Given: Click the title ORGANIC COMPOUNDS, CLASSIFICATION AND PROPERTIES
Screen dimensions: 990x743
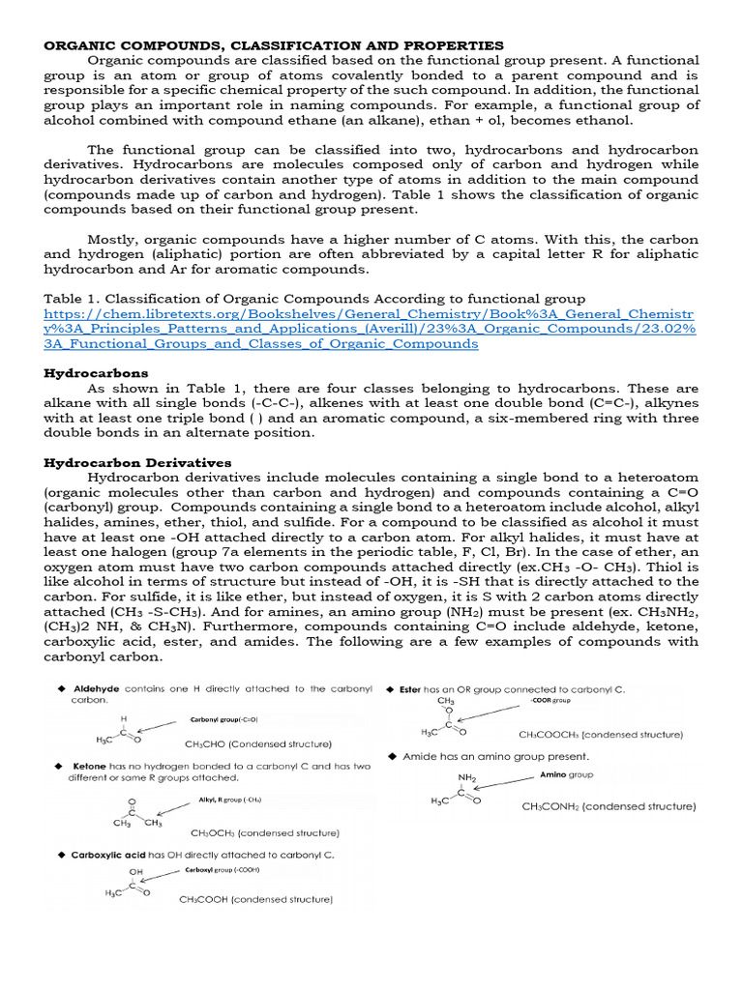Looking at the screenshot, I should pos(274,45).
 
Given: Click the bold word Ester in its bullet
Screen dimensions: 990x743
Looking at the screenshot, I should pos(410,688).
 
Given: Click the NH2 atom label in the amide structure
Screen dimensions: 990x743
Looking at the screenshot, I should pos(467,776).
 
